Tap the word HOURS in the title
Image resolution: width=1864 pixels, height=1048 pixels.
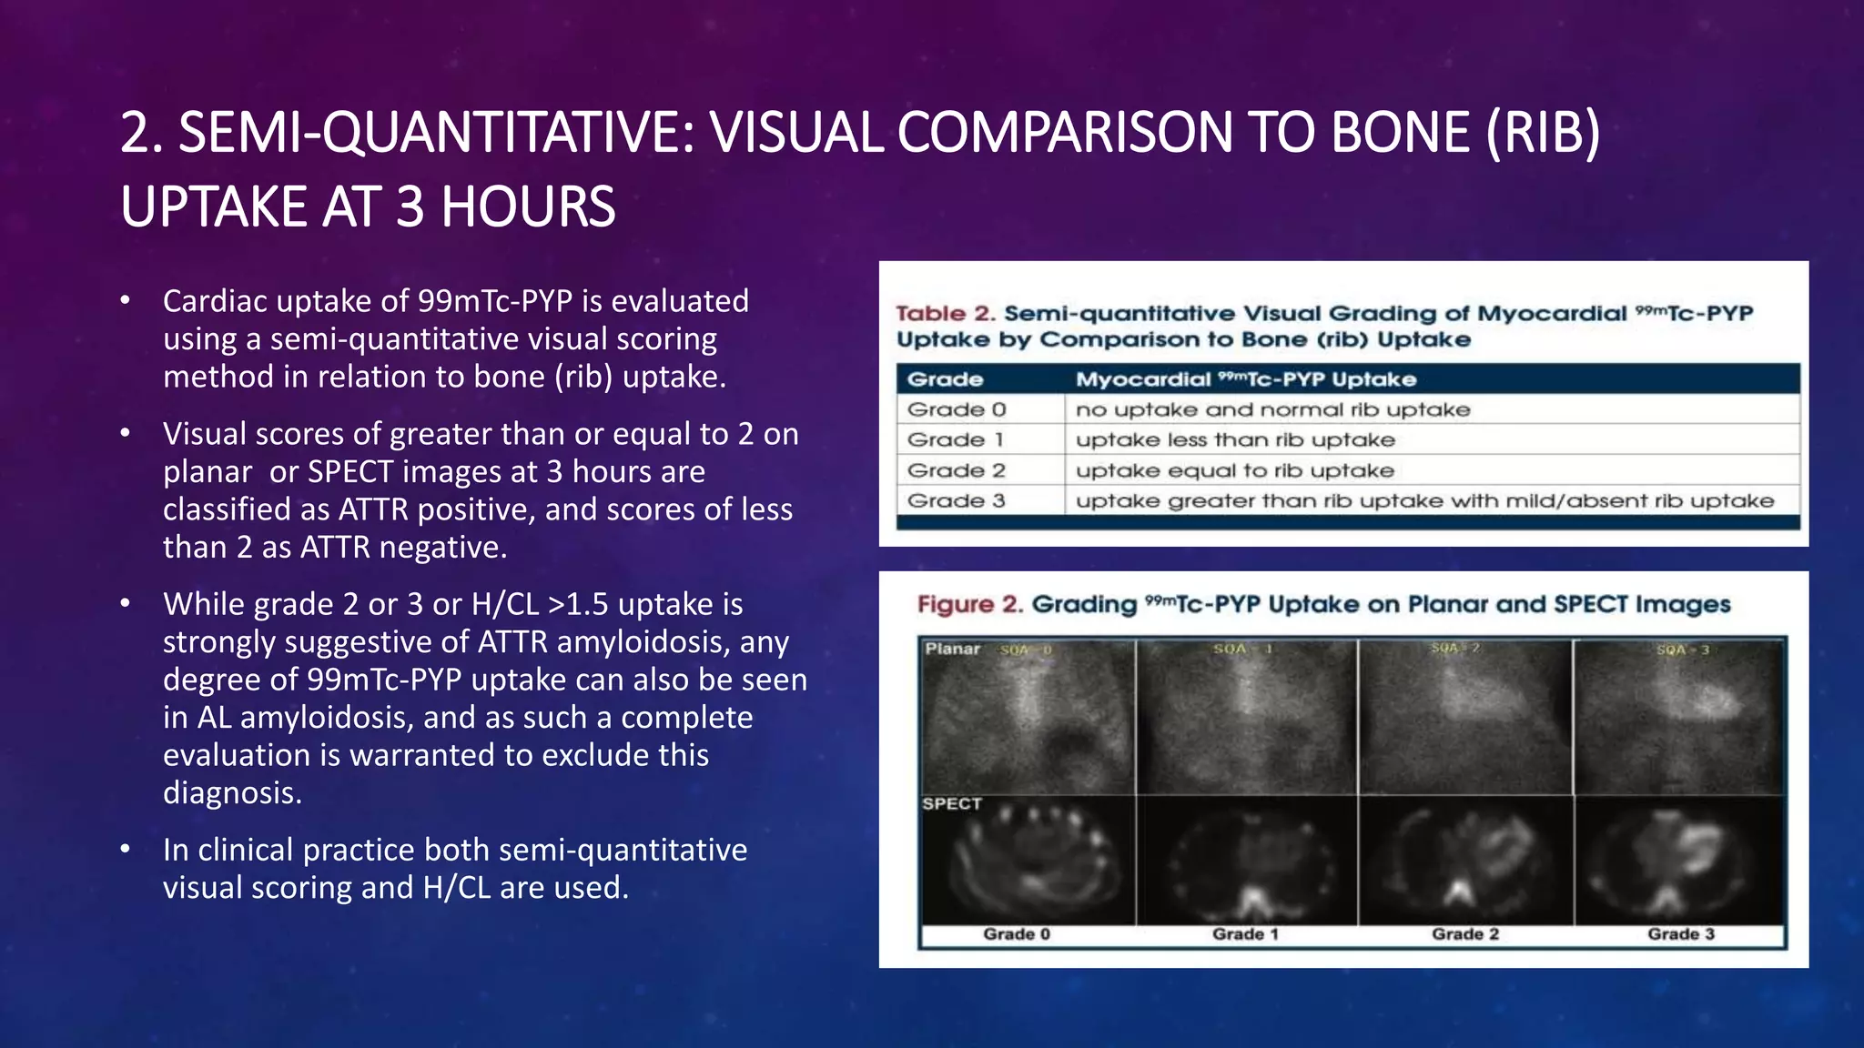pyautogui.click(x=528, y=207)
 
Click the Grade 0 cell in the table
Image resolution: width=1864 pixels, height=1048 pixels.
pyautogui.click(x=956, y=409)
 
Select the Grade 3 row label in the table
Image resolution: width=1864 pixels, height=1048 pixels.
pyautogui.click(x=956, y=500)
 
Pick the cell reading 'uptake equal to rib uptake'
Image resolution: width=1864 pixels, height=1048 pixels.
pyautogui.click(x=1234, y=470)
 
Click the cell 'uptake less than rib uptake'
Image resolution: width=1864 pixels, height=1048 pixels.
pyautogui.click(x=1234, y=440)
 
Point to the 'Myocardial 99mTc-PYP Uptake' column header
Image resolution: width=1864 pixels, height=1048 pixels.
pyautogui.click(x=1245, y=379)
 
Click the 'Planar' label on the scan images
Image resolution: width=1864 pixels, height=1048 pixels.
pyautogui.click(x=952, y=649)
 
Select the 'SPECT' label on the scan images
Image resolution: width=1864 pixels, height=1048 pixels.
pyautogui.click(x=951, y=804)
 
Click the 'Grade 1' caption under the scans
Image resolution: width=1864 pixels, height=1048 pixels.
pyautogui.click(x=1244, y=934)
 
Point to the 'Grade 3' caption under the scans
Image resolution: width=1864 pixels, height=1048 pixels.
pyautogui.click(x=1680, y=934)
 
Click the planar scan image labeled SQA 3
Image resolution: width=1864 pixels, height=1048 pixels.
pyautogui.click(x=1679, y=719)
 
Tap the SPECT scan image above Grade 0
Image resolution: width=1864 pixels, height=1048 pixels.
pyautogui.click(x=1028, y=860)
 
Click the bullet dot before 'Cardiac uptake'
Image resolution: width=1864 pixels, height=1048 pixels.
pyautogui.click(x=126, y=301)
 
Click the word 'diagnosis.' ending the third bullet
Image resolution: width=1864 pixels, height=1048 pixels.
pyautogui.click(x=232, y=792)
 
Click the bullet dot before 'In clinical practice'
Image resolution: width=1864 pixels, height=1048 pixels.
pyautogui.click(x=126, y=850)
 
